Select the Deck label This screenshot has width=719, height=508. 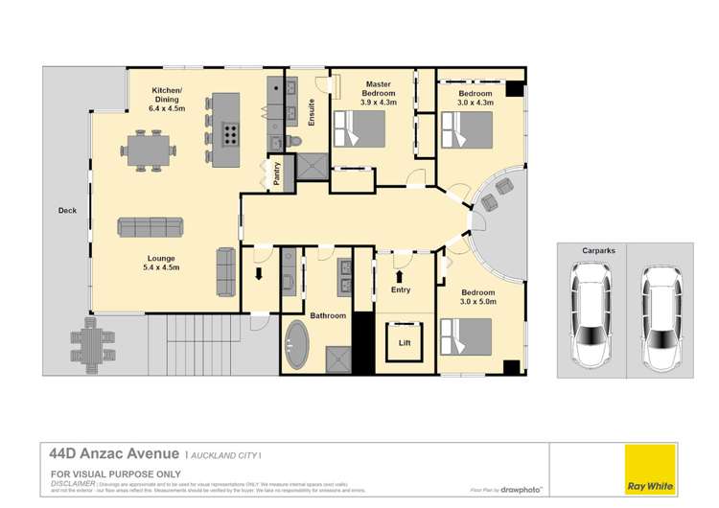[66, 210]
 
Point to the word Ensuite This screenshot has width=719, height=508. [312, 113]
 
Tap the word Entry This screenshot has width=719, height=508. [401, 289]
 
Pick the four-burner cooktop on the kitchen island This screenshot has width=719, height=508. [231, 133]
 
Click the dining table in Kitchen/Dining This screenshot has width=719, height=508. [151, 149]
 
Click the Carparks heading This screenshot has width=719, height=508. [598, 251]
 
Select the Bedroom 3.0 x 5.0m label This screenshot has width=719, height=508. [476, 297]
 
